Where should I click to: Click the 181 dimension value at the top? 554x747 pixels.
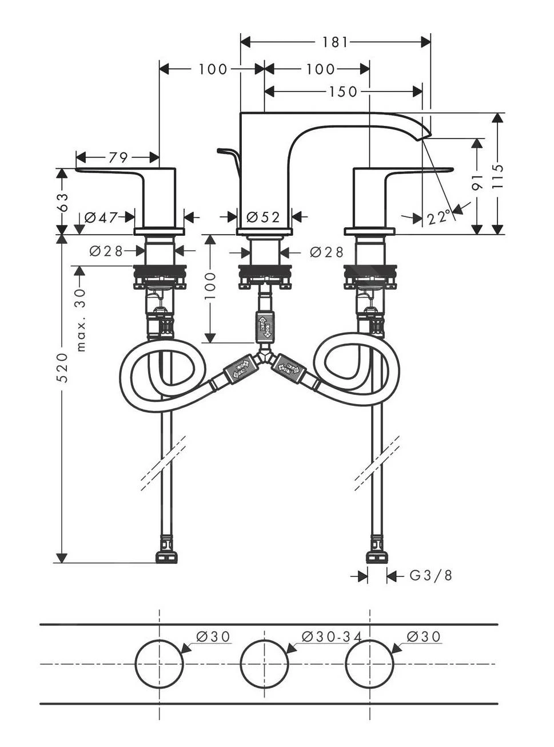click(x=335, y=42)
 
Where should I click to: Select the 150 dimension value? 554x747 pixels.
click(x=343, y=92)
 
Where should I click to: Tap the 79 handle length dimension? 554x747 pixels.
click(x=118, y=157)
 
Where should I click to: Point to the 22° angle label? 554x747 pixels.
click(x=439, y=218)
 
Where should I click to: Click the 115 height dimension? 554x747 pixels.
click(x=497, y=175)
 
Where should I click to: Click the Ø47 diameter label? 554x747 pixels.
click(x=101, y=218)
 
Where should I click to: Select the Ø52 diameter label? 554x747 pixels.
click(x=263, y=218)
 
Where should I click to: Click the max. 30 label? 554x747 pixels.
click(x=80, y=319)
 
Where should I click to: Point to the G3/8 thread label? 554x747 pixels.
click(x=431, y=576)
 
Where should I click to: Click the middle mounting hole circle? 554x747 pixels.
click(x=264, y=664)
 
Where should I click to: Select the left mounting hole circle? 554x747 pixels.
click(x=159, y=664)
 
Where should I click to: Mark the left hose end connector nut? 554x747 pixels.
click(x=166, y=556)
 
